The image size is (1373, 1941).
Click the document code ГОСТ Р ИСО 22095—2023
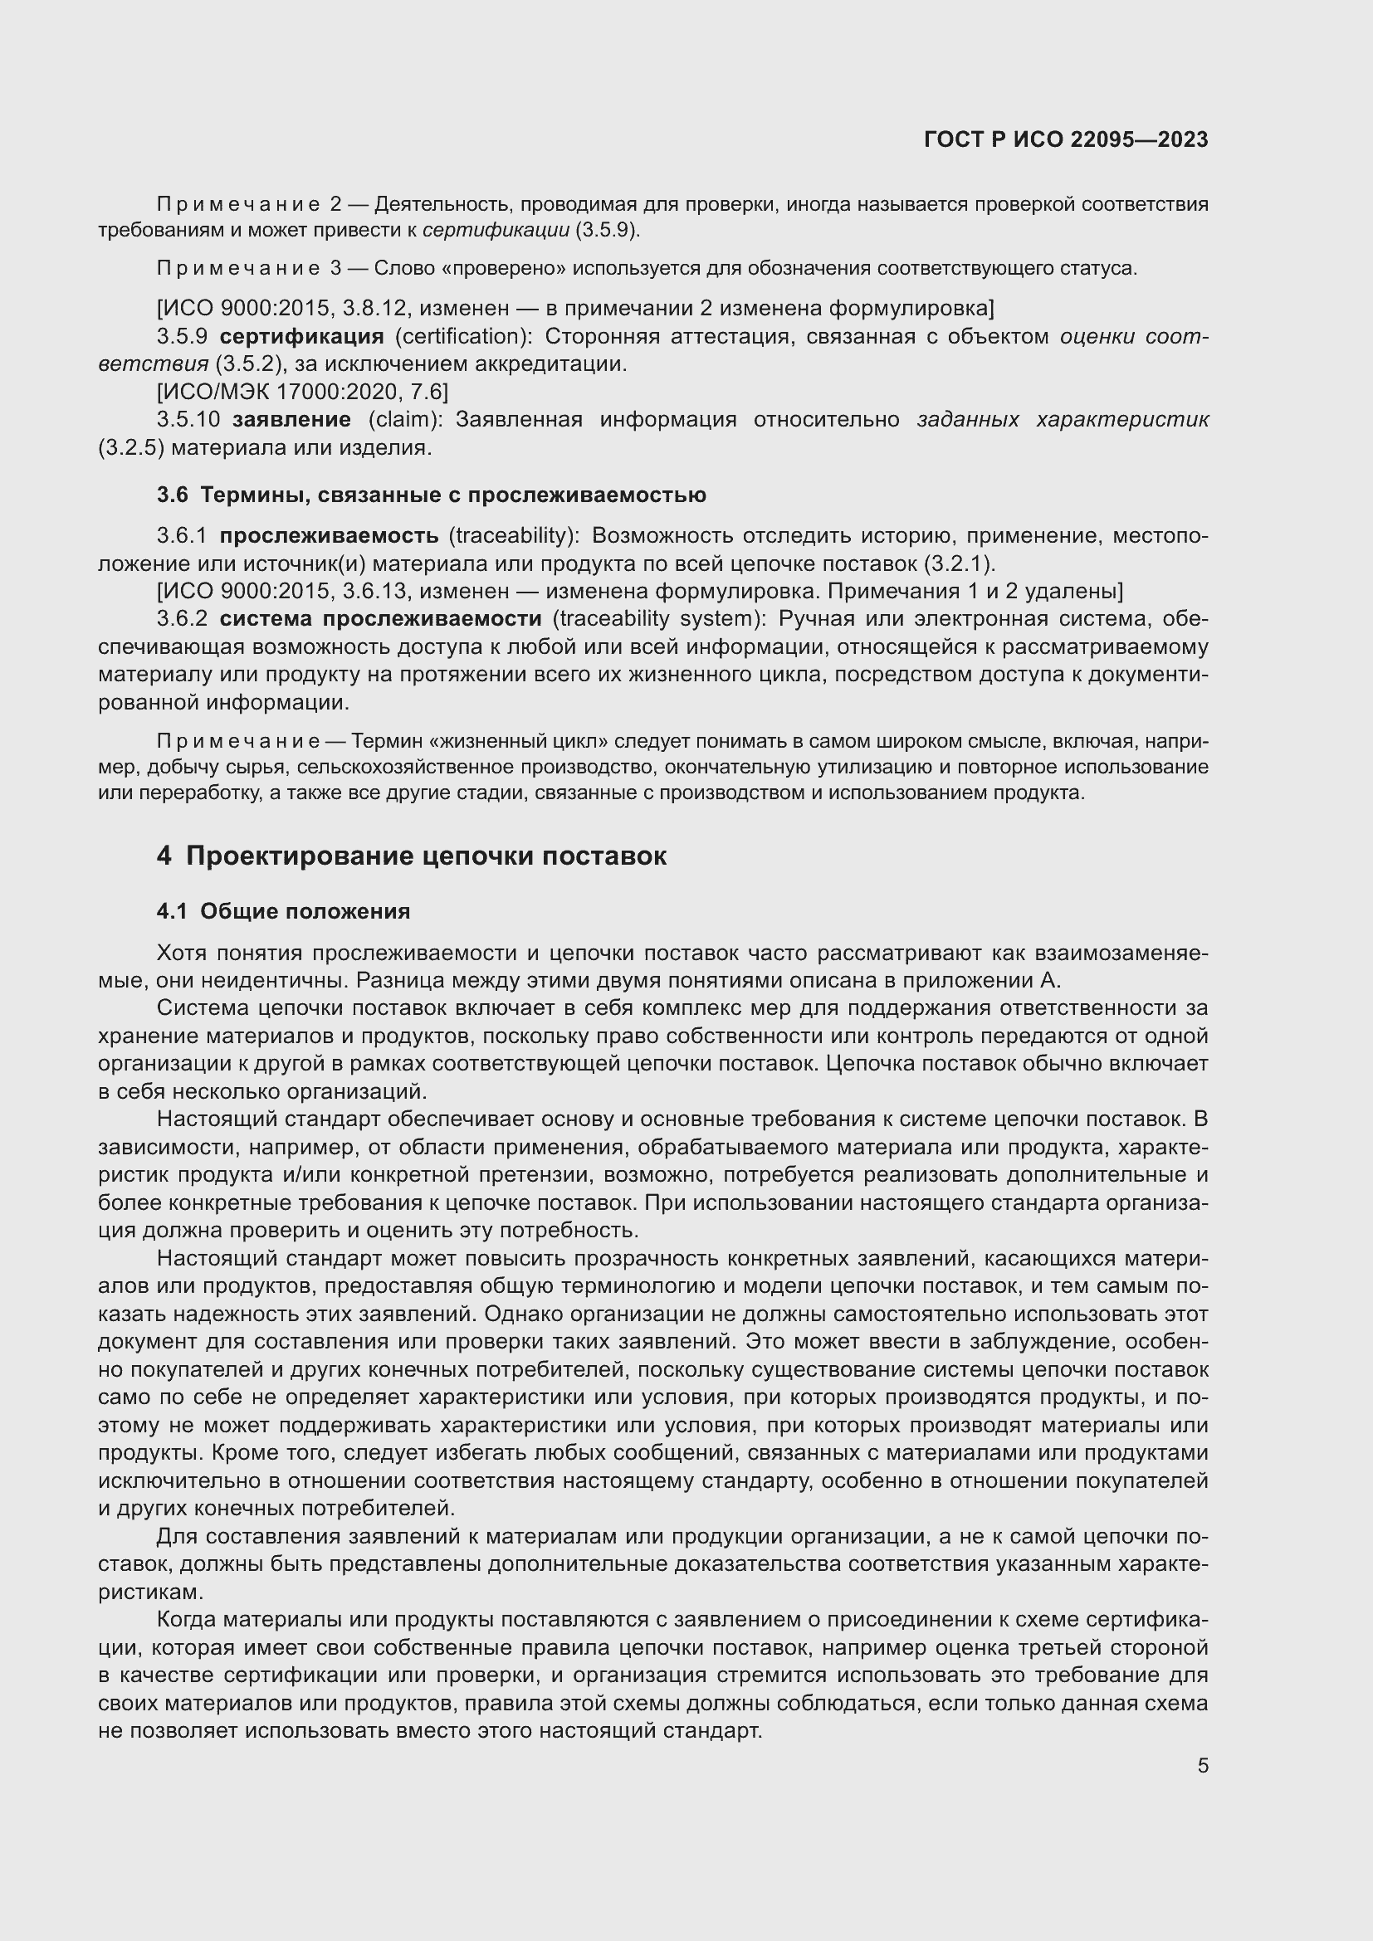(x=1065, y=139)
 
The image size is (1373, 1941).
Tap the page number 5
(x=1202, y=1765)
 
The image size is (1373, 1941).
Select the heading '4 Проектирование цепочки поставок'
(x=411, y=856)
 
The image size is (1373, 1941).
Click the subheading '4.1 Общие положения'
(x=283, y=911)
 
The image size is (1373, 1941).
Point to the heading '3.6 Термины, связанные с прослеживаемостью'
(x=431, y=495)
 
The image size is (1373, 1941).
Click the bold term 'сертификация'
(x=301, y=336)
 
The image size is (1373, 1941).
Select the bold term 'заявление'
(x=291, y=419)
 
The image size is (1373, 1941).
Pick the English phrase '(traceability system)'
(x=658, y=619)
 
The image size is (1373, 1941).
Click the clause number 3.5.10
(x=188, y=419)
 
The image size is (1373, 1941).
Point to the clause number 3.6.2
(x=182, y=619)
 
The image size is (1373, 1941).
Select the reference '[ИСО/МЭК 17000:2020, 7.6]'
(x=303, y=392)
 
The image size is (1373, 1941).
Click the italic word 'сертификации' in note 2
(x=496, y=230)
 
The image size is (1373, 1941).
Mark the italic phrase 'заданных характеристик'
(x=1062, y=419)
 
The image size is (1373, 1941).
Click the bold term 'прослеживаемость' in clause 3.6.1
(x=329, y=536)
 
